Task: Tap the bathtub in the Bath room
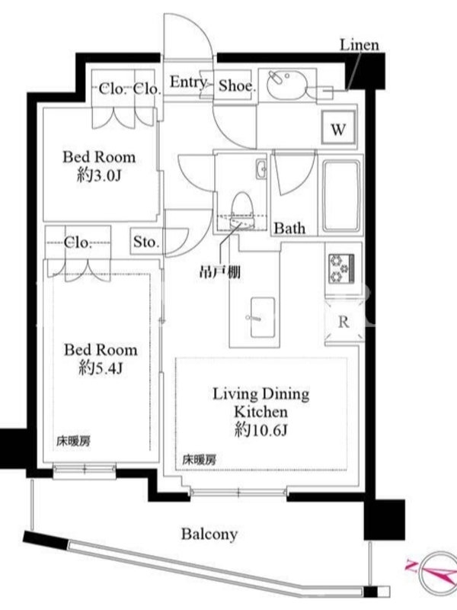(340, 195)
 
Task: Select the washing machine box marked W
(338, 127)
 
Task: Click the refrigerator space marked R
(344, 322)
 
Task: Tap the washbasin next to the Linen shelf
(287, 83)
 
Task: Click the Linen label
(360, 45)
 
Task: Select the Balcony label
(209, 535)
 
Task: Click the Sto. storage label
(146, 242)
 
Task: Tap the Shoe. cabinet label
(237, 85)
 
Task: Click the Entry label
(188, 82)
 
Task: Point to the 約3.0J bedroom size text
(100, 176)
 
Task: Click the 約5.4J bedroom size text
(101, 368)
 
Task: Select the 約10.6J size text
(260, 430)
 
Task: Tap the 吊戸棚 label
(219, 272)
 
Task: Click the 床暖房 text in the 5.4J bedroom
(74, 441)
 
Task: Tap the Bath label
(289, 228)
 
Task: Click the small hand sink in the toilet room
(261, 169)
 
